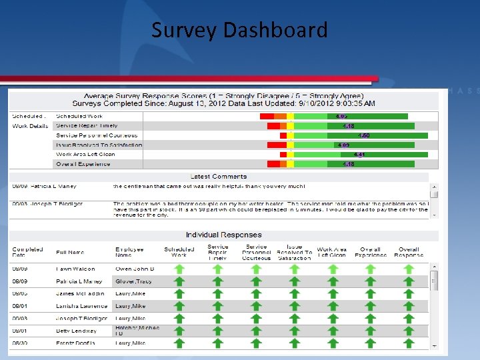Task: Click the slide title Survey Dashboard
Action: pos(239,30)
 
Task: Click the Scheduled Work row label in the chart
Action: pos(80,116)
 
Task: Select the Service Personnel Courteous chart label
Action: pos(97,135)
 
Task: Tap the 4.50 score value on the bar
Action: pos(364,135)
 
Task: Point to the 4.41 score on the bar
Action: pos(359,154)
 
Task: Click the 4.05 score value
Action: pos(341,116)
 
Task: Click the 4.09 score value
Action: pos(343,145)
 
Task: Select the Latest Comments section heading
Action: pos(219,177)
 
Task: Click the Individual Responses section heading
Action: pos(223,235)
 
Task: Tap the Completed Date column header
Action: pos(27,252)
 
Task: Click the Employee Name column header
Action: pos(129,252)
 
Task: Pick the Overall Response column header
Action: pos(409,252)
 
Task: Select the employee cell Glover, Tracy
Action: pos(133,281)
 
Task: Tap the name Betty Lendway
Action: pos(76,331)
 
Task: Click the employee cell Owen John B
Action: pos(134,269)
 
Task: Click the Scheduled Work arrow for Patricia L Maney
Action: pos(179,281)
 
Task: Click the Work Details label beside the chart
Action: pos(30,126)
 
